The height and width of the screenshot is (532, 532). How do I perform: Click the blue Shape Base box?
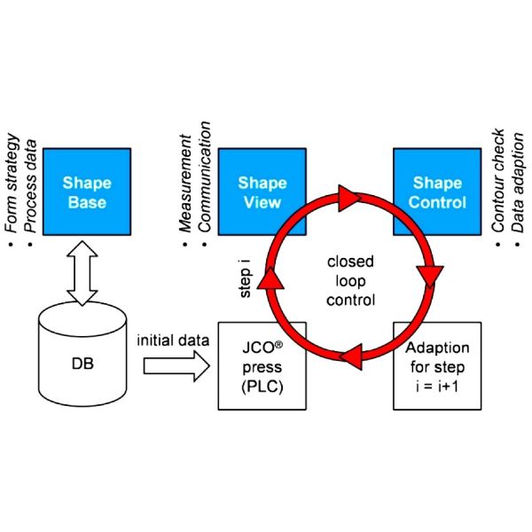click(87, 192)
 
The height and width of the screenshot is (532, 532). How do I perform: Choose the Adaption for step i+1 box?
click(439, 365)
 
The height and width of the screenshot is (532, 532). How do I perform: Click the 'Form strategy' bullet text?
click(12, 188)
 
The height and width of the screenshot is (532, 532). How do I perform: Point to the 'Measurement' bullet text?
click(186, 188)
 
